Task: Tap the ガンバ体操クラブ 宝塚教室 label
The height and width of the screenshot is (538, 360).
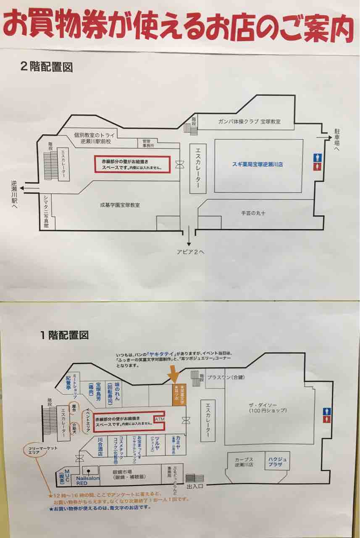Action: (x=250, y=121)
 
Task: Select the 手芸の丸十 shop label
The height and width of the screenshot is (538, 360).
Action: (x=253, y=213)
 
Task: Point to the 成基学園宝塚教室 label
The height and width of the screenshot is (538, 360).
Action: (x=120, y=205)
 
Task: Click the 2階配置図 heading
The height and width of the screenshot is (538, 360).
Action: (x=46, y=66)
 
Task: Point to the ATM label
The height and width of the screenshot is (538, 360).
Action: (x=160, y=419)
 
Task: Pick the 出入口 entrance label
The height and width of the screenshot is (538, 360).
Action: (x=195, y=487)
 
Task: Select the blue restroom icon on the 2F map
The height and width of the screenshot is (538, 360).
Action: (x=318, y=157)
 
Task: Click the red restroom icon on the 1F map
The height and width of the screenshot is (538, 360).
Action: (x=327, y=419)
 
